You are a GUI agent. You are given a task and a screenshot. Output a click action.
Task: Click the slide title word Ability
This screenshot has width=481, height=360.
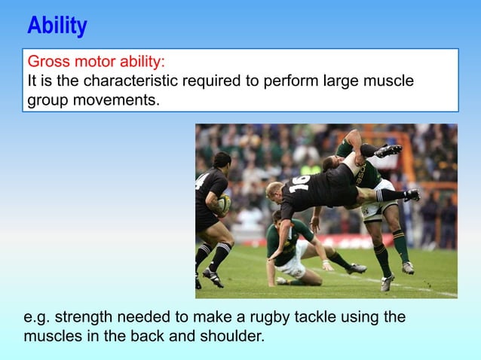click(57, 26)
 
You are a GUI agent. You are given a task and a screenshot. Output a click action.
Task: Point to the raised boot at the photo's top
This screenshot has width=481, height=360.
click(388, 151)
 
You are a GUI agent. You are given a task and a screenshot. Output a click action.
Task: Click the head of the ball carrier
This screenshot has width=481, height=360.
click(221, 160)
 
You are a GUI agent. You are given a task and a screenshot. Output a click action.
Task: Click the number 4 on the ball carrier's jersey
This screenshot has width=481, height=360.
click(200, 182)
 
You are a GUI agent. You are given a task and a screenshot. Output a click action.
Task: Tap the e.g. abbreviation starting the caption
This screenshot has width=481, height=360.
click(37, 317)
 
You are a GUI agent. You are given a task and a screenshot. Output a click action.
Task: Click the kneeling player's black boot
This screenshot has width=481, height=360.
click(355, 268)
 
